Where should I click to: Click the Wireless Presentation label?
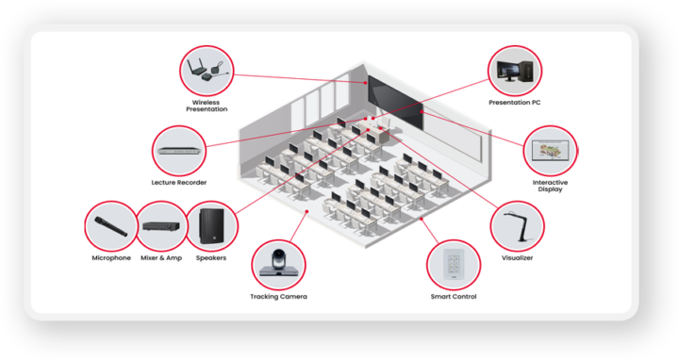[x=207, y=105]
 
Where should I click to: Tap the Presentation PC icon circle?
[x=515, y=71]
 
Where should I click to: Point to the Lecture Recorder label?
[x=179, y=182]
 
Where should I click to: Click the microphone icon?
[x=110, y=226]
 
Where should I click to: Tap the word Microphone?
[x=111, y=258]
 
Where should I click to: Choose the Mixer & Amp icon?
[x=161, y=227]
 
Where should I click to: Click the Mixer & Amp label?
[x=161, y=258]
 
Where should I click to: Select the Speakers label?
[x=211, y=258]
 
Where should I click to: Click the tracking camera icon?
[x=278, y=264]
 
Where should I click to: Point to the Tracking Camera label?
[x=278, y=297]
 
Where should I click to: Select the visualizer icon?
[x=517, y=225]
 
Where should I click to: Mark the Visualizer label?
[x=517, y=257]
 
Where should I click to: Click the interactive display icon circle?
[x=550, y=151]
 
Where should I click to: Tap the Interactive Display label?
[x=550, y=186]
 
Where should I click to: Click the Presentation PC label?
[x=515, y=102]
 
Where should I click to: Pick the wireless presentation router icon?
[x=207, y=71]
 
